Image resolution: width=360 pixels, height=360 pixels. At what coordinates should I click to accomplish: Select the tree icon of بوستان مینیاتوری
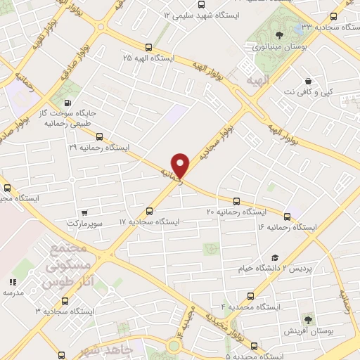(280, 35)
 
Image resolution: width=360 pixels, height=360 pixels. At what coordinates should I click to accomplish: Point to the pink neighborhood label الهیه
(257, 82)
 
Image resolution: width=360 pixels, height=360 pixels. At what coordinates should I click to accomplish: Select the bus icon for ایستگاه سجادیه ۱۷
(149, 211)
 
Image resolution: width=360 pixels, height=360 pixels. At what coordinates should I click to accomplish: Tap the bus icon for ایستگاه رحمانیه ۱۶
(287, 217)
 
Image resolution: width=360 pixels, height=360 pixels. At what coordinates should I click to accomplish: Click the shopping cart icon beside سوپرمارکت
(84, 212)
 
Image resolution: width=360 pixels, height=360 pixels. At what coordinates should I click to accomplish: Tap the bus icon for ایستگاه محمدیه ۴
(250, 296)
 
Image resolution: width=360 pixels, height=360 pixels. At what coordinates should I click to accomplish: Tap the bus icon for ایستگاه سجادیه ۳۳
(334, 16)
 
